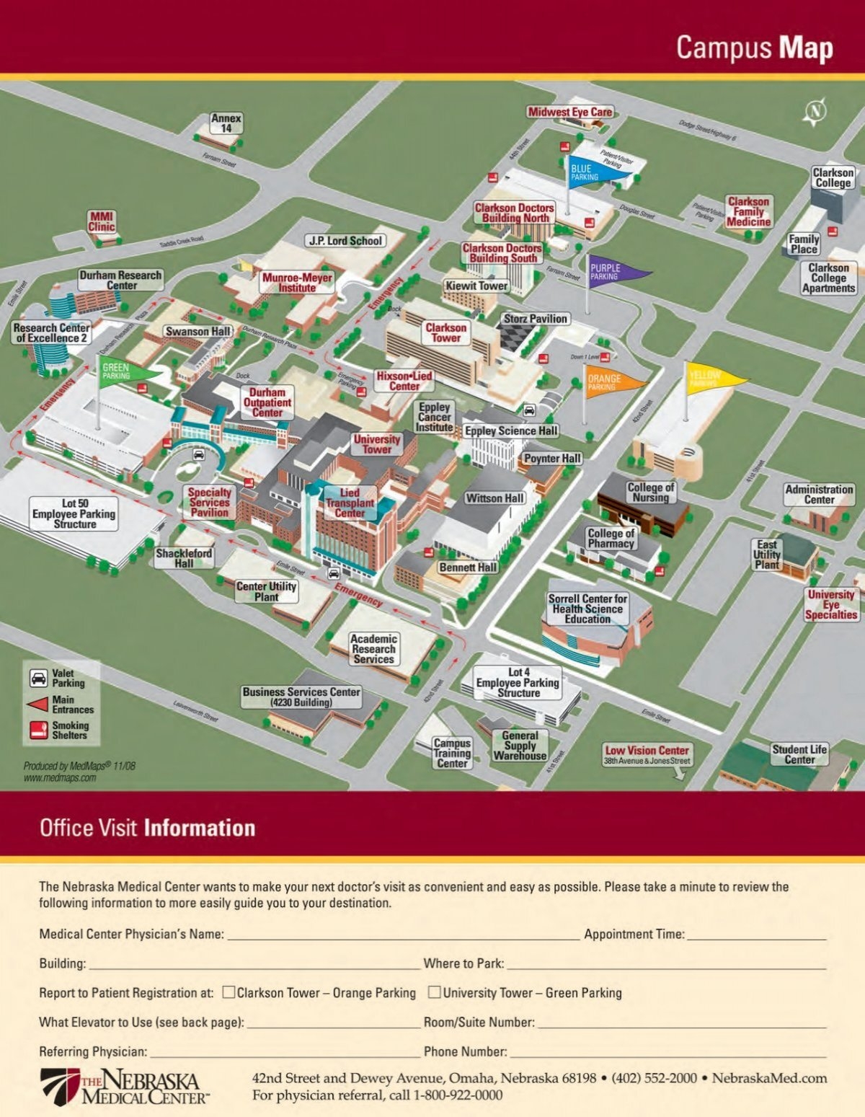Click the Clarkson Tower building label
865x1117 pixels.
tap(445, 332)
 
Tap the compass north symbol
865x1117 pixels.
tap(815, 112)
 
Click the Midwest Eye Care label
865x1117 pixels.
tap(569, 112)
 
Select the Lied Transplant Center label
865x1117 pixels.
tap(350, 503)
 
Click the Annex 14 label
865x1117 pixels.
tap(226, 123)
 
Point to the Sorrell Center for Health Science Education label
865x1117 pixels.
tap(587, 609)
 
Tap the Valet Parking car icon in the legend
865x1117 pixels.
tap(38, 678)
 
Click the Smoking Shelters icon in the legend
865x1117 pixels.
tap(38, 730)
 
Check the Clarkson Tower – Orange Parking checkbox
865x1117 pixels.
tap(229, 992)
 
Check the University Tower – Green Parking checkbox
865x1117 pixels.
tap(435, 992)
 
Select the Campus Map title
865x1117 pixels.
tap(754, 48)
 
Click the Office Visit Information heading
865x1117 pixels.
tap(147, 827)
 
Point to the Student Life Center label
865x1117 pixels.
tap(799, 754)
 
